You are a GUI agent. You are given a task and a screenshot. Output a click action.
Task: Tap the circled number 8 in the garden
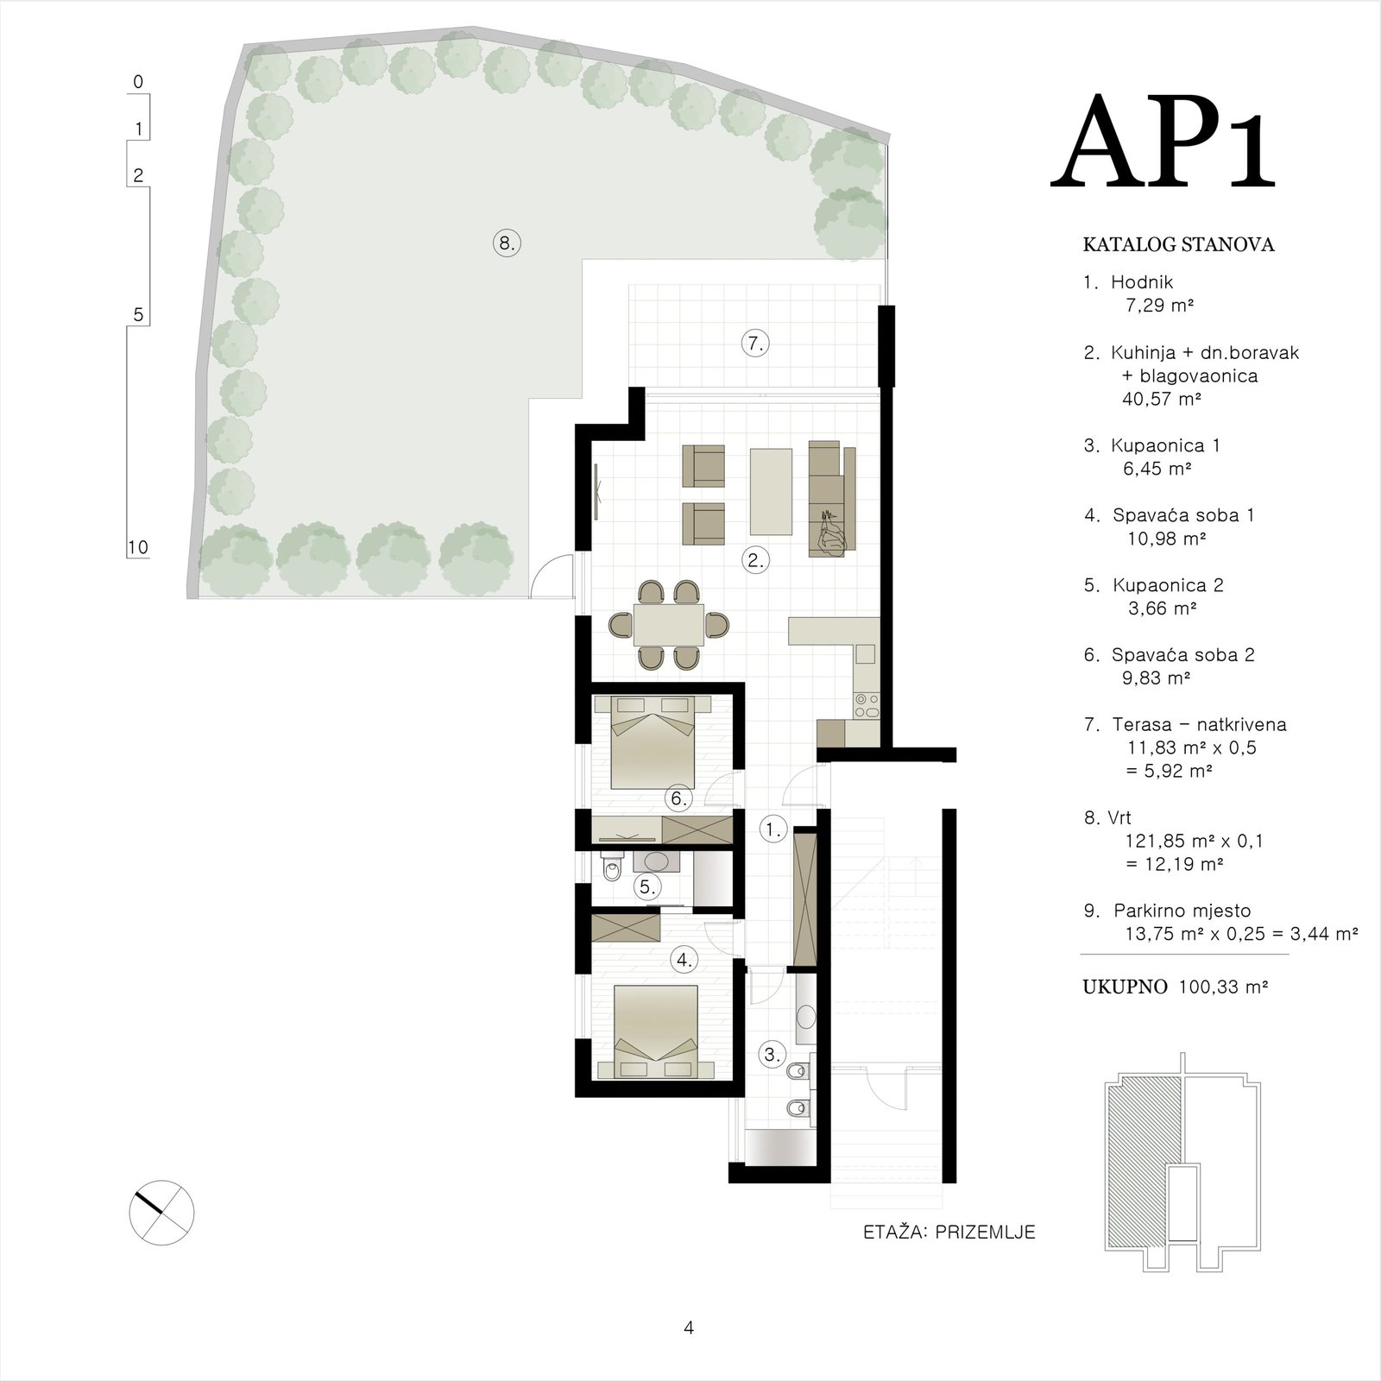pyautogui.click(x=507, y=243)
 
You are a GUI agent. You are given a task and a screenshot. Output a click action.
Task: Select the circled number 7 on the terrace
pyautogui.click(x=755, y=344)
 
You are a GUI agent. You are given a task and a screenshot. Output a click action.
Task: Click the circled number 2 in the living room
pyautogui.click(x=756, y=560)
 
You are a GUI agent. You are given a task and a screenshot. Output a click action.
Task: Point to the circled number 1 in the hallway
pyautogui.click(x=772, y=830)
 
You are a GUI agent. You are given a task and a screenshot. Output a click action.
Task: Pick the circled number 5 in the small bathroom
pyautogui.click(x=646, y=886)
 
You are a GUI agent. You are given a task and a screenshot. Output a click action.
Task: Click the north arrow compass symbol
pyautogui.click(x=161, y=1213)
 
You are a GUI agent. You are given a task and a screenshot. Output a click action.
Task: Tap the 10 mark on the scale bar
pyautogui.click(x=138, y=547)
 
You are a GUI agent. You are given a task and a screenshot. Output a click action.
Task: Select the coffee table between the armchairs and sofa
pyautogui.click(x=772, y=491)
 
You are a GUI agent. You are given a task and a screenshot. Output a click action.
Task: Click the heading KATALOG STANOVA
pyautogui.click(x=1178, y=245)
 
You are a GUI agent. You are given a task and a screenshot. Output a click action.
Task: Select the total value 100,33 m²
pyautogui.click(x=1223, y=987)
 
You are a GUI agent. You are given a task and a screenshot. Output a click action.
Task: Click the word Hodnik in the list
pyautogui.click(x=1142, y=282)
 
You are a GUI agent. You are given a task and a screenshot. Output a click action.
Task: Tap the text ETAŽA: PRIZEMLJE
pyautogui.click(x=949, y=1233)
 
